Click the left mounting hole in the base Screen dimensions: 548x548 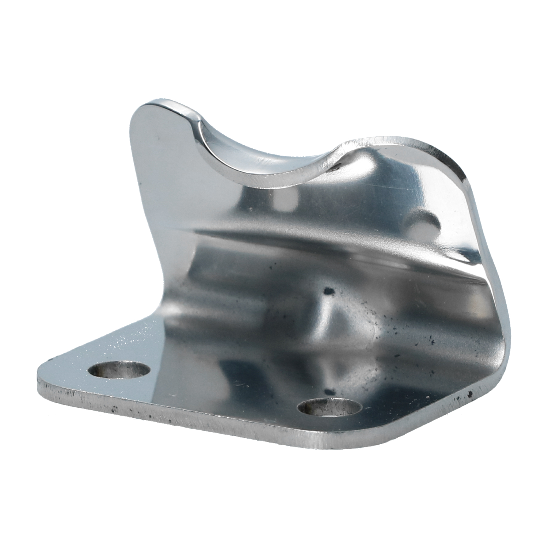click(119, 369)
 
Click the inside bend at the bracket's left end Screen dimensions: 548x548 click(161, 311)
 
